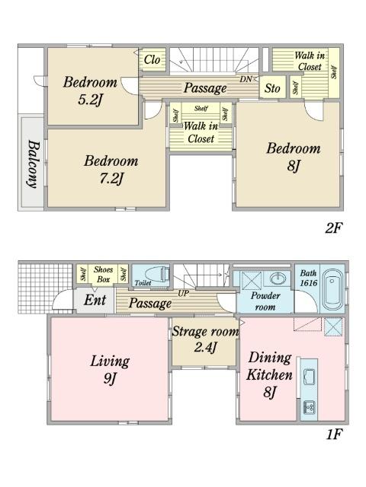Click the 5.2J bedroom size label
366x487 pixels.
pos(90,100)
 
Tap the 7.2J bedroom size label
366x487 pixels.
pos(112,179)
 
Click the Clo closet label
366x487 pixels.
pos(152,59)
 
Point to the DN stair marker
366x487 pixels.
pos(246,79)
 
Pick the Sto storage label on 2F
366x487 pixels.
pos(272,88)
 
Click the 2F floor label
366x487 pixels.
pos(334,228)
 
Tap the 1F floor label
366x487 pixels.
pos(334,434)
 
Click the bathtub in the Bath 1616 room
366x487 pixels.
pos(332,289)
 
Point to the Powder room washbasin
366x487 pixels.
pos(278,278)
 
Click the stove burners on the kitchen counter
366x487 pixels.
pos(309,407)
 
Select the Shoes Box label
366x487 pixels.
pos(103,274)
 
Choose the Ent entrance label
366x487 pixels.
pos(95,300)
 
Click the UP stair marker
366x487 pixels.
pos(183,293)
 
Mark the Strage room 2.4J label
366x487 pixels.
pos(205,339)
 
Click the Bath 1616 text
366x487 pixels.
pos(308,278)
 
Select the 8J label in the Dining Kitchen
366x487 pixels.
pos(269,392)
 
